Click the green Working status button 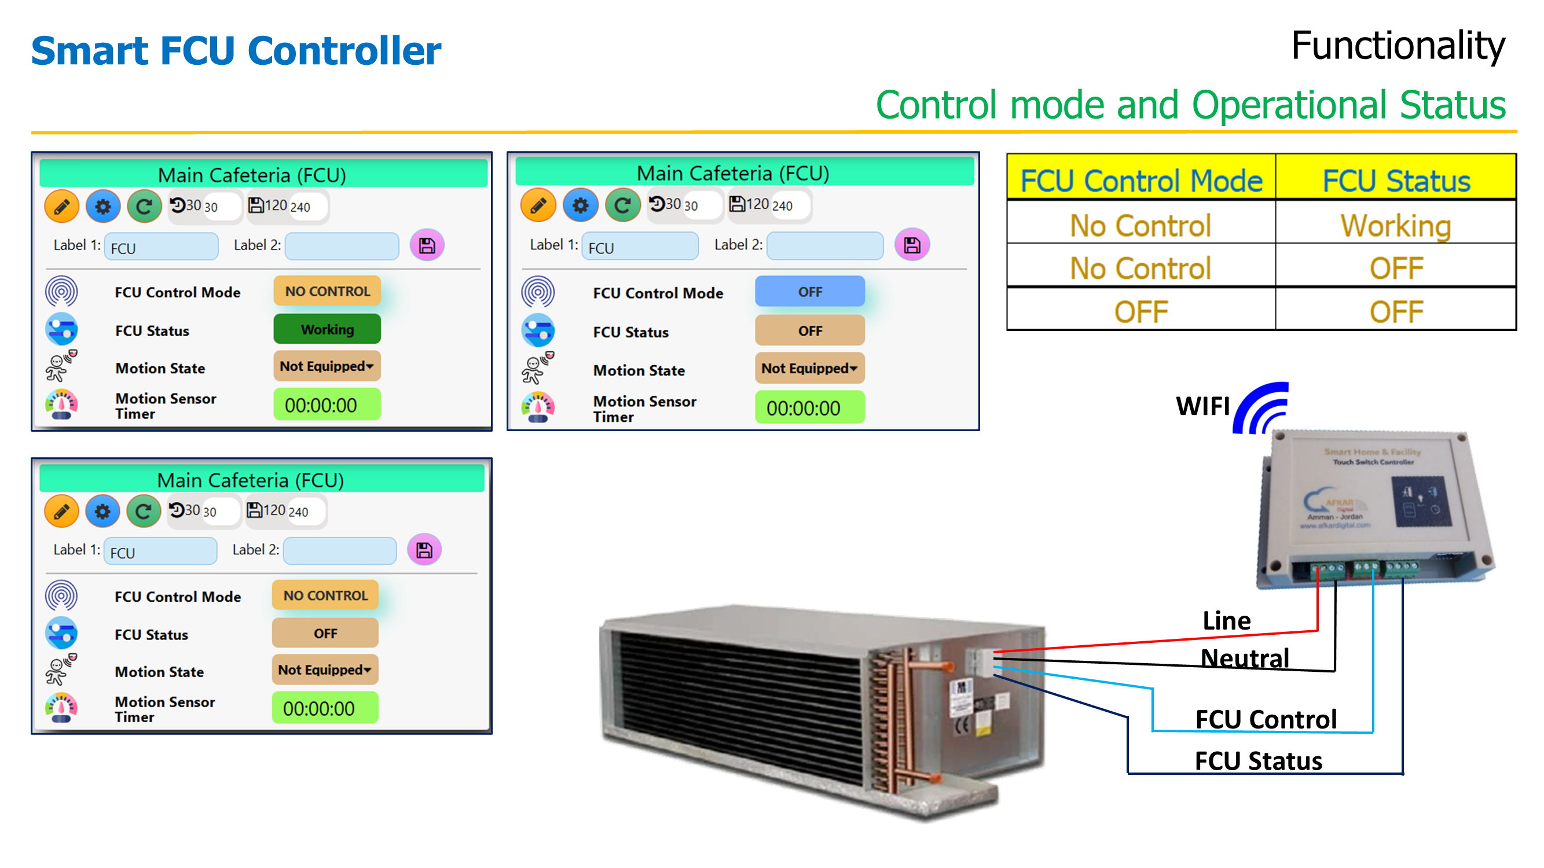coord(327,329)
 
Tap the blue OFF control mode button coord(809,292)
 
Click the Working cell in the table coord(1395,225)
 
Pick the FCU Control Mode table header coord(1140,181)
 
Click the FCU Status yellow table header coord(1395,181)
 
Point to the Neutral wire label coord(1244,658)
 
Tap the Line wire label coord(1226,620)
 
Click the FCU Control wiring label coord(1266,719)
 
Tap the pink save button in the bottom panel coord(424,549)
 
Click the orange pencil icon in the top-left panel coord(61,207)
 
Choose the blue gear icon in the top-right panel coord(580,205)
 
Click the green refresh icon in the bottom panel coord(142,511)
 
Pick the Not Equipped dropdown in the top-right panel coord(809,368)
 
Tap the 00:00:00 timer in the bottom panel coord(324,708)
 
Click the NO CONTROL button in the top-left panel coord(327,291)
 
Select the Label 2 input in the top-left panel coord(342,246)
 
